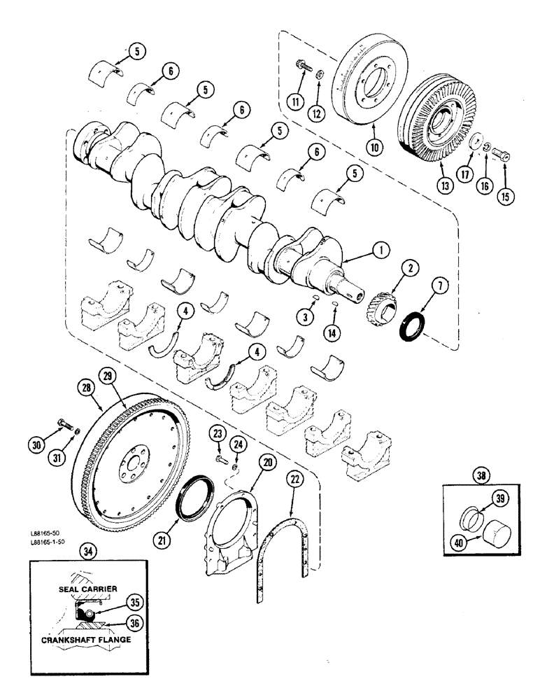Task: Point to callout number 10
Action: pyautogui.click(x=374, y=148)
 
